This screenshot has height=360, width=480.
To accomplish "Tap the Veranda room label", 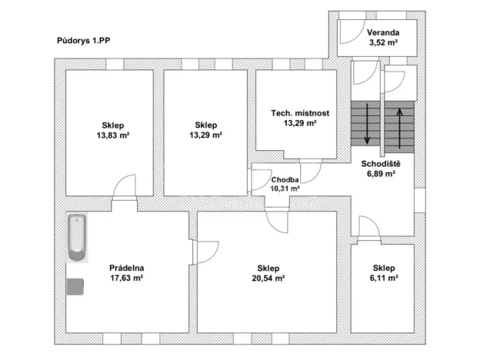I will (x=382, y=32).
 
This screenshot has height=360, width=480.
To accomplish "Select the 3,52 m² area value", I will (x=382, y=44).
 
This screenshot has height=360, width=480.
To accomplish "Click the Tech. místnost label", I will (x=300, y=113).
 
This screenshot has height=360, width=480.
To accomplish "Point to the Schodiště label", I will (x=382, y=163).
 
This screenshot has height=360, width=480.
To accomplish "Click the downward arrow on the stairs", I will (x=368, y=123).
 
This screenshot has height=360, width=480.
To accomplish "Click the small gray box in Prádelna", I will (x=75, y=286).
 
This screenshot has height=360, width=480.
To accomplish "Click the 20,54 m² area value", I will (x=271, y=279).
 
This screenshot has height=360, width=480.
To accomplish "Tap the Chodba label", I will (x=285, y=179).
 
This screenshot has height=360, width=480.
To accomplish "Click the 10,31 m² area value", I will (x=285, y=188).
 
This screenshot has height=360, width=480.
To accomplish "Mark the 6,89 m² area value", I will (x=382, y=174).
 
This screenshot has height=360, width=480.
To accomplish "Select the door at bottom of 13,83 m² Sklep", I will (x=125, y=188).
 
